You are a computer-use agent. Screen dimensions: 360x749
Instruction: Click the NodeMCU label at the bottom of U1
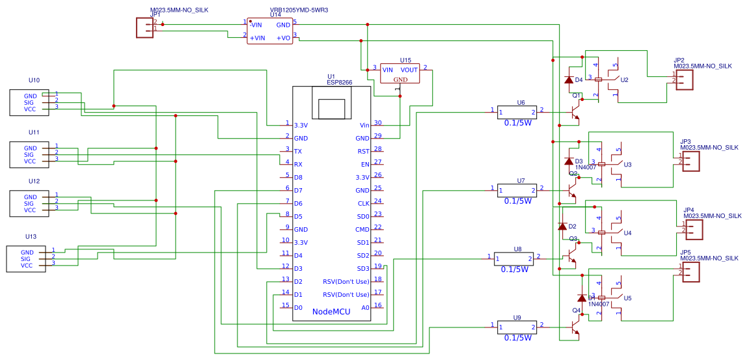[x=331, y=312]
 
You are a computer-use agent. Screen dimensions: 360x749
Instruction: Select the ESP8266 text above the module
[x=339, y=83]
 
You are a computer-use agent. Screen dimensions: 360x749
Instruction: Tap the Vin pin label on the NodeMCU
[x=364, y=125]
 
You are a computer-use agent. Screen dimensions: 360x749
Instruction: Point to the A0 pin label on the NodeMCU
[x=365, y=307]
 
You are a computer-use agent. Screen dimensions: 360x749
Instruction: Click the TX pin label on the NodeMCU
[x=298, y=151]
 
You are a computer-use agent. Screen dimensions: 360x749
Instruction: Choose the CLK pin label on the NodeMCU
[x=363, y=203]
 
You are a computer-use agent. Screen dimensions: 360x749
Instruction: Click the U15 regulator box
[x=400, y=74]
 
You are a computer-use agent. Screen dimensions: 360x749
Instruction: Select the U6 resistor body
[x=515, y=112]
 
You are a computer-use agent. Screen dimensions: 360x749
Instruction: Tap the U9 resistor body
[x=515, y=327]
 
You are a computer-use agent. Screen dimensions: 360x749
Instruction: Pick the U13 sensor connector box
[x=26, y=259]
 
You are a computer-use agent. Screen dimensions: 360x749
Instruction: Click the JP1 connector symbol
[x=144, y=27]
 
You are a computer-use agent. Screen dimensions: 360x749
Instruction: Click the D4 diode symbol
[x=568, y=80]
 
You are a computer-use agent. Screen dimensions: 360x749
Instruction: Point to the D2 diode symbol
[x=562, y=227]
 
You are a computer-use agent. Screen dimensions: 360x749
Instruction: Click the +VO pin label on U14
[x=283, y=38]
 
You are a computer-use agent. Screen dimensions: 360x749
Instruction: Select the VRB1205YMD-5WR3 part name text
[x=299, y=11]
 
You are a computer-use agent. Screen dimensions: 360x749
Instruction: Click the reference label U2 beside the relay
[x=625, y=80]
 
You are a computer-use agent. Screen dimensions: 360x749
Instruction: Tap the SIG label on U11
[x=30, y=155]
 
